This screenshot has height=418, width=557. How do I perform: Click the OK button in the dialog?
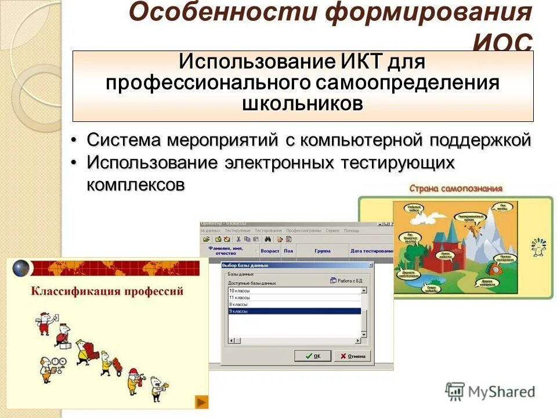pyautogui.click(x=313, y=356)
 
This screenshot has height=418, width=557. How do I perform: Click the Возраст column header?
pyautogui.click(x=270, y=251)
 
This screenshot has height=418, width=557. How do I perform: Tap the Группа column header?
pyautogui.click(x=323, y=251)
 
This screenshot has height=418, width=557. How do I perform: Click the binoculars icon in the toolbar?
pyautogui.click(x=268, y=239)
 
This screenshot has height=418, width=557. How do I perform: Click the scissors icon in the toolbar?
pyautogui.click(x=238, y=239)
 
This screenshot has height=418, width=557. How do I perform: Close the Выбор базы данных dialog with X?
pyautogui.click(x=369, y=265)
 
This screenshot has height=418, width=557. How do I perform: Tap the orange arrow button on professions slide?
pyautogui.click(x=201, y=402)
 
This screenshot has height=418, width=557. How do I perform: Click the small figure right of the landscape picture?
pyautogui.click(x=538, y=246)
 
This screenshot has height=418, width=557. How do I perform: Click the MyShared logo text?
pyautogui.click(x=501, y=392)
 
